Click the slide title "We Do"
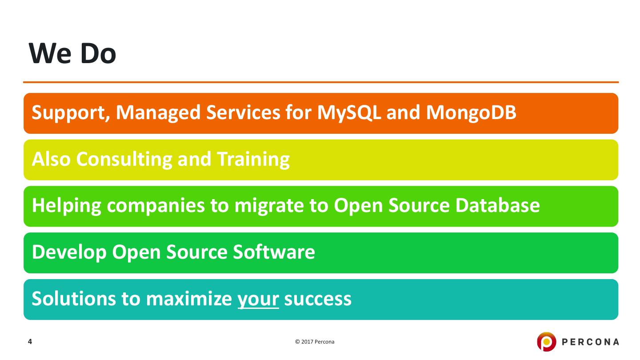72,53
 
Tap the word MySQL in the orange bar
349,113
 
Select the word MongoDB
471,113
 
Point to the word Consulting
124,160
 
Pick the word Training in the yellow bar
253,160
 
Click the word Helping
67,206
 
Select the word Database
497,205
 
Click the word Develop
69,252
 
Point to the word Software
274,252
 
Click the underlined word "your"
258,300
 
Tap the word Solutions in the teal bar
74,299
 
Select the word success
318,299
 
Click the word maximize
189,299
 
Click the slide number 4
30,341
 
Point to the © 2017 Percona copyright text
315,342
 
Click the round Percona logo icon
546,341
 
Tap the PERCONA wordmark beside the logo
590,342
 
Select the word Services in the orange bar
243,112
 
